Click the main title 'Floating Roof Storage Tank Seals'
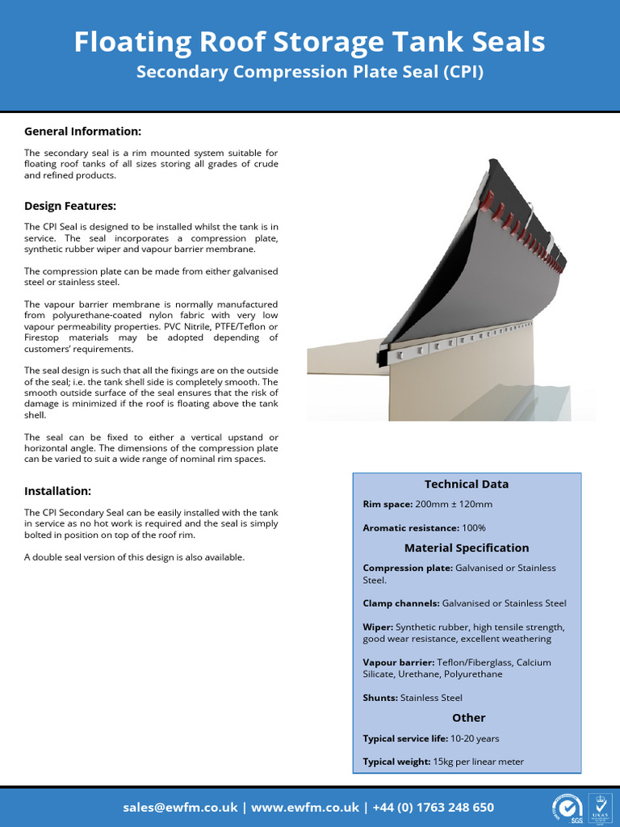click(309, 42)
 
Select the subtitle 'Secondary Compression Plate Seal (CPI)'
click(309, 72)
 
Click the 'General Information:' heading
click(82, 131)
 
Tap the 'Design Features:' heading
click(70, 206)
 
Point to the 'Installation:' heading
click(57, 491)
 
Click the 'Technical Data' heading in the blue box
click(467, 484)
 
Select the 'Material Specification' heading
click(467, 548)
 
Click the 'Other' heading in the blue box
click(468, 717)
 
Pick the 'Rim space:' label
click(389, 504)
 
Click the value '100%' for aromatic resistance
click(474, 527)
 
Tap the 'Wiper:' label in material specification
click(378, 627)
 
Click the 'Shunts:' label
click(380, 698)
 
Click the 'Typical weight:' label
click(396, 762)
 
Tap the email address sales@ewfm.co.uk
click(180, 808)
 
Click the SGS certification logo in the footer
click(568, 808)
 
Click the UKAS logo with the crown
click(600, 808)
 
